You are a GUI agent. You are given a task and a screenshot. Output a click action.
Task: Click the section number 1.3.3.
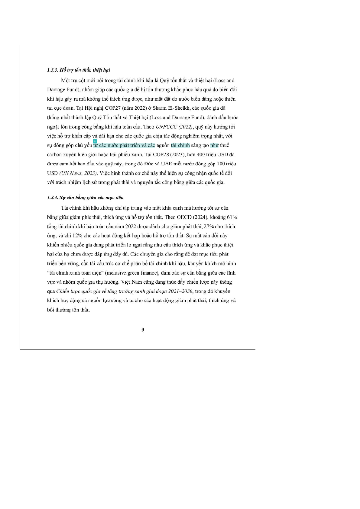click(53, 70)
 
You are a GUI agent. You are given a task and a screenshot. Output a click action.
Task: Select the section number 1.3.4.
click(53, 198)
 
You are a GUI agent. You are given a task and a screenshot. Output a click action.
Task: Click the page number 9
click(143, 330)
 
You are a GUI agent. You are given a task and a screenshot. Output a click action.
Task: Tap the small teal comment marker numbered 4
click(95, 141)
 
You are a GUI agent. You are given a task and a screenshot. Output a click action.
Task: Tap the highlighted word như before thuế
click(214, 145)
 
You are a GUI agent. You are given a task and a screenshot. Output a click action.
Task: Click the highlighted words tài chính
click(180, 145)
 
